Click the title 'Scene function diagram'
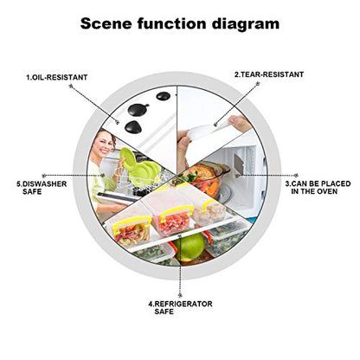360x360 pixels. (180, 23)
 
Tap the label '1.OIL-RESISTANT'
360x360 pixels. (57, 77)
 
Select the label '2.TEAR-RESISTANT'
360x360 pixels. (269, 74)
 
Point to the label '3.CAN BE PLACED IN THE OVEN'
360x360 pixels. (318, 188)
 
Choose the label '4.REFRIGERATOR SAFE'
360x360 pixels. (180, 307)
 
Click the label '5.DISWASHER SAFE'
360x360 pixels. (42, 188)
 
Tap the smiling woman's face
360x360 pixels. (103, 143)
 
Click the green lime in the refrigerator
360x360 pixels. (190, 247)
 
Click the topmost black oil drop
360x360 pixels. (164, 96)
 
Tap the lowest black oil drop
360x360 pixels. (133, 127)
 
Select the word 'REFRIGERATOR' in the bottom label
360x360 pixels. (183, 304)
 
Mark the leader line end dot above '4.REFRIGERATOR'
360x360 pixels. (180, 295)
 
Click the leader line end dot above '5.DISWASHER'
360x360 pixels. (44, 175)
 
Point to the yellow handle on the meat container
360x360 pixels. (177, 212)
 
